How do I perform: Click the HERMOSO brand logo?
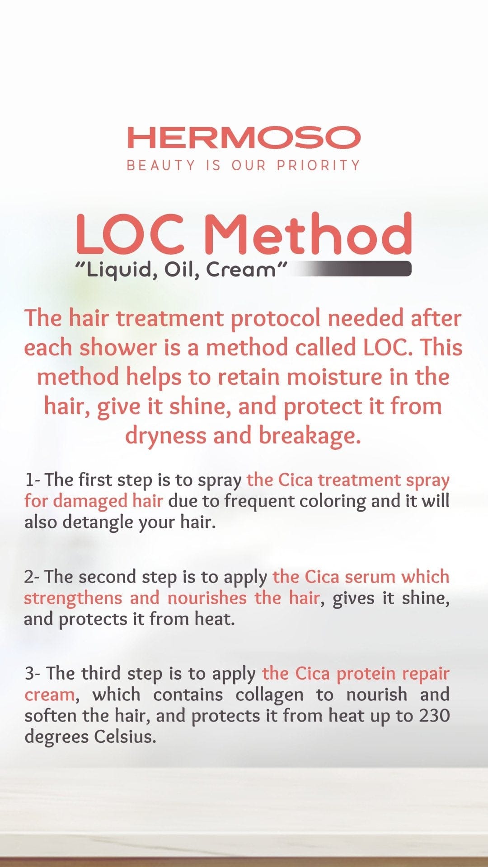point(244,137)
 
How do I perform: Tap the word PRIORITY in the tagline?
point(318,165)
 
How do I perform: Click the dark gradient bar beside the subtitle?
point(357,269)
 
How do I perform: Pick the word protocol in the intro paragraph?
point(275,318)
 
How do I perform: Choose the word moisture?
point(335,377)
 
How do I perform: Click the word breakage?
point(310,435)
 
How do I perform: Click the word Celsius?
point(125,737)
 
